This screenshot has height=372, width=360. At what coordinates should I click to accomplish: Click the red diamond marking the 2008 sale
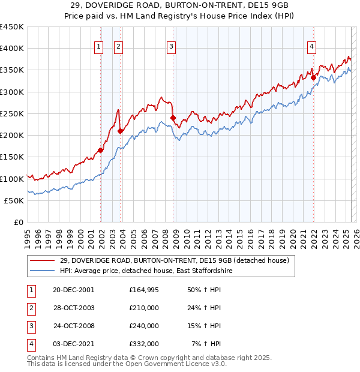coord(173,118)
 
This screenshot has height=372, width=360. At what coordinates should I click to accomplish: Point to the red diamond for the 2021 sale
coord(313,77)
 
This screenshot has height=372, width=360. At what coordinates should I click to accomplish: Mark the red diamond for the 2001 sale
coord(101,151)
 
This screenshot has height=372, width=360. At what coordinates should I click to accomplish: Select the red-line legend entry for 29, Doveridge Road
coord(174,260)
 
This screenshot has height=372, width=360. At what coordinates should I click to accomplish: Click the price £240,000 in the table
coord(144,326)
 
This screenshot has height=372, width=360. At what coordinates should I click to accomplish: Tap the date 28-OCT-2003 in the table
coord(74,308)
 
